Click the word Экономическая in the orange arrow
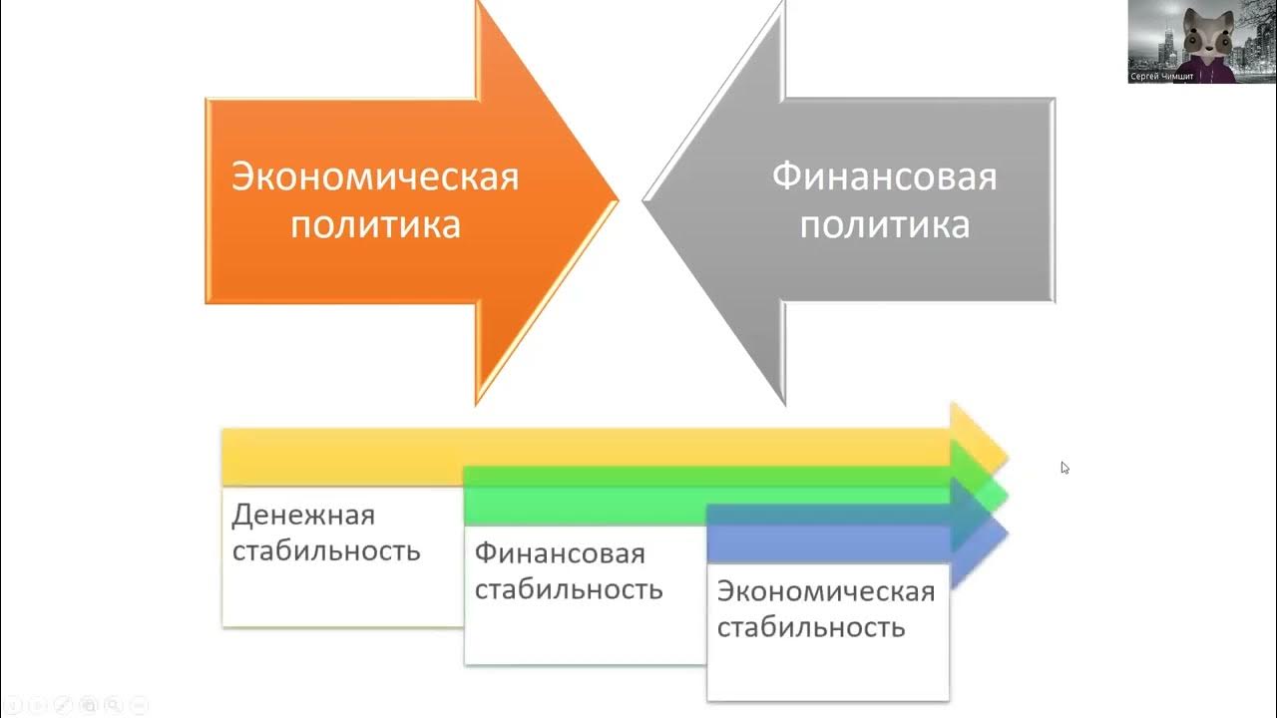click(x=375, y=178)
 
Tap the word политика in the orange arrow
click(x=375, y=224)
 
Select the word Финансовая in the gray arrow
click(x=884, y=178)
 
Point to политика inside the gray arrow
click(x=884, y=224)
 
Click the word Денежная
click(x=303, y=515)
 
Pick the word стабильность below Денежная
click(x=326, y=550)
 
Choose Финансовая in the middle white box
click(x=560, y=552)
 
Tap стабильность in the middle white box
click(x=569, y=588)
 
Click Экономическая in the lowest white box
click(x=826, y=591)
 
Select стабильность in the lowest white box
click(x=811, y=627)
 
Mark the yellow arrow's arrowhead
click(x=983, y=439)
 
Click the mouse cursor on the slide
click(x=1064, y=467)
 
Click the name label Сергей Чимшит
click(x=1161, y=76)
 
